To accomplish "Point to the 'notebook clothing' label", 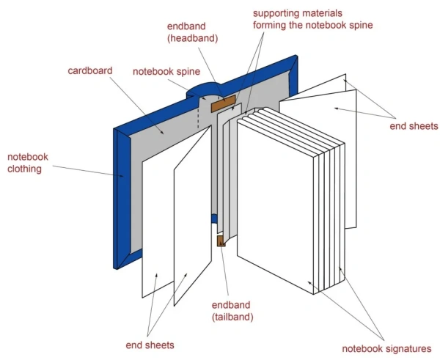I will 27,163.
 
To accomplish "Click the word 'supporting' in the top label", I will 274,13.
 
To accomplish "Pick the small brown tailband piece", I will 219,240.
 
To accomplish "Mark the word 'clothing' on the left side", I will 27,169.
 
